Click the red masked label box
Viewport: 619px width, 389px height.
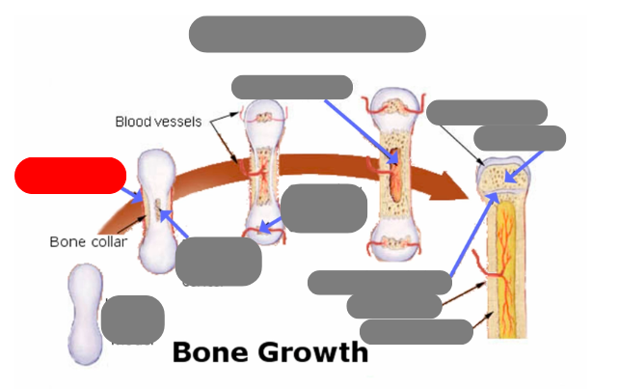pos(70,176)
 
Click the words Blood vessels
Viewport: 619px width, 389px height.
pos(158,122)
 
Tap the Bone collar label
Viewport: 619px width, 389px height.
pos(88,241)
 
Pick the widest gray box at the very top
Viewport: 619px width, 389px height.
pos(307,34)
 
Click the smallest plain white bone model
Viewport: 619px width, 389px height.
pos(85,314)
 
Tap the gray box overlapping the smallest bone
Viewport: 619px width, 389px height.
pos(132,320)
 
